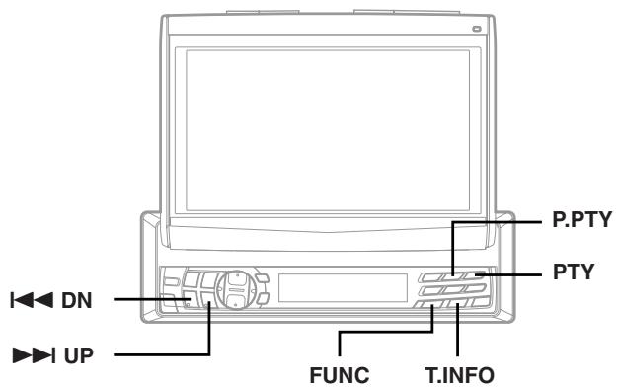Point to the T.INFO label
[459, 375]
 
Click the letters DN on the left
[81, 300]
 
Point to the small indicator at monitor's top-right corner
[477, 27]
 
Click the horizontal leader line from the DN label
[148, 300]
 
